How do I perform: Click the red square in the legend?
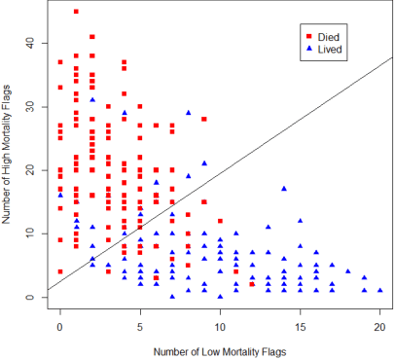click(309, 36)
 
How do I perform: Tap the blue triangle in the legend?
click(309, 48)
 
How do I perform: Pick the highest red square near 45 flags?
click(76, 12)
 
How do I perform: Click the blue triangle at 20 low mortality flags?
click(379, 290)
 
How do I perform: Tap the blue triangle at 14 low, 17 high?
click(284, 189)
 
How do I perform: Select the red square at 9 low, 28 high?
click(204, 119)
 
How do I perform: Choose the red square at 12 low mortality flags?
click(252, 284)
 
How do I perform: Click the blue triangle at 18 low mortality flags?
click(348, 271)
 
